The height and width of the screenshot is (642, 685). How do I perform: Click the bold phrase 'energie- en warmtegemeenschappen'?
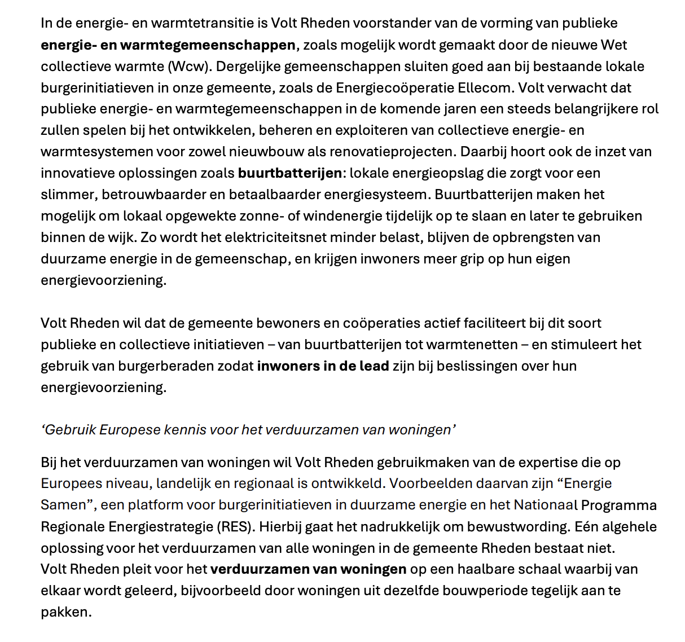click(168, 45)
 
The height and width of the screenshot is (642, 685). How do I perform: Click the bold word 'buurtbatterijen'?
click(289, 173)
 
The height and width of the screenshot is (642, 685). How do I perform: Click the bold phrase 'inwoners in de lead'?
click(323, 366)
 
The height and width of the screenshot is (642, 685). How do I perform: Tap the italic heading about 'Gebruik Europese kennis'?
click(248, 430)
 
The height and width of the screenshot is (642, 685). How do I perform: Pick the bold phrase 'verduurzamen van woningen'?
click(308, 569)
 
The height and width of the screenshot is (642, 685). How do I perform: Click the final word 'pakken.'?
click(66, 612)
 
